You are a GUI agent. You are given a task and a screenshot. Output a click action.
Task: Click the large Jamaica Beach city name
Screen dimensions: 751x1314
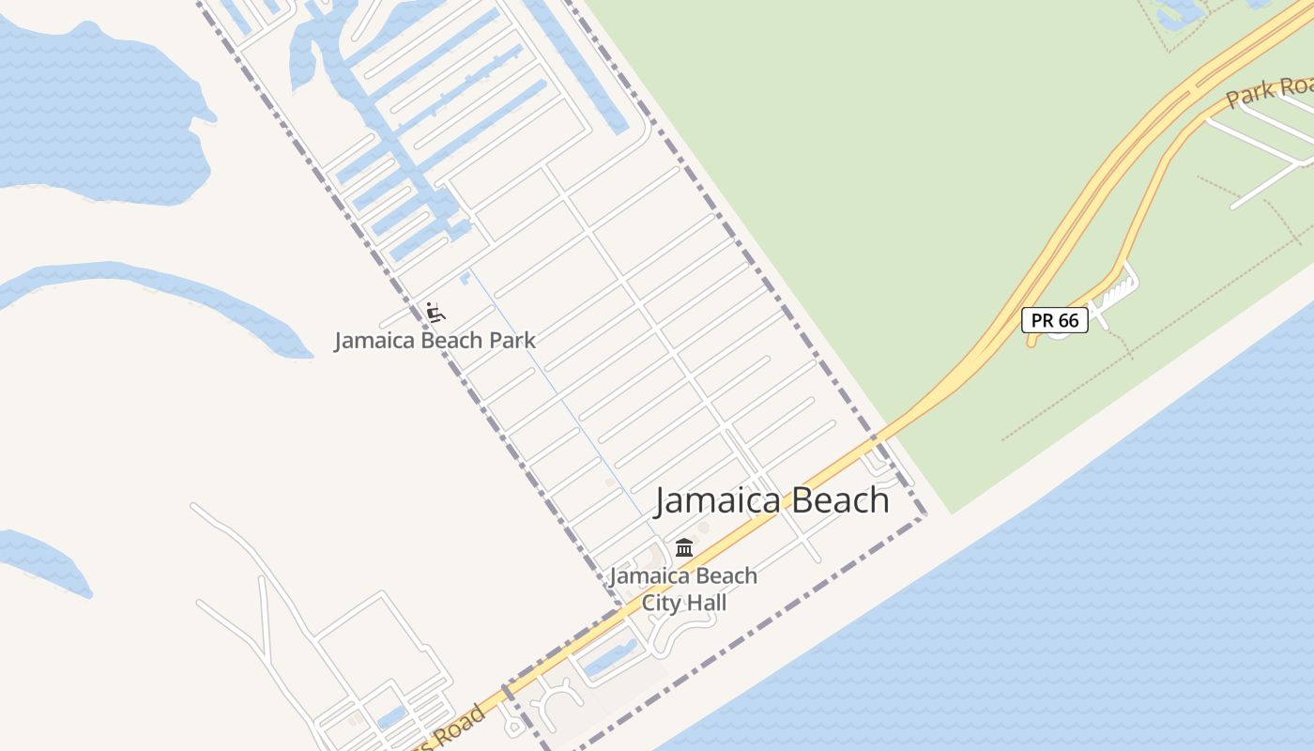[x=772, y=500]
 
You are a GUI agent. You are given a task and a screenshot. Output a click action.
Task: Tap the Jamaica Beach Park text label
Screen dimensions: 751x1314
[x=435, y=340]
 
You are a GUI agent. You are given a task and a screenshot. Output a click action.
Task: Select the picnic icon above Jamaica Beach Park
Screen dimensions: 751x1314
[x=435, y=312]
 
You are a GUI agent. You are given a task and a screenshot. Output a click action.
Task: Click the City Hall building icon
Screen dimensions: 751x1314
[x=684, y=547]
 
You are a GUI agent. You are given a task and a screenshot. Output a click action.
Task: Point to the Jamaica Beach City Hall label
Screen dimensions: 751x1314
[x=683, y=589]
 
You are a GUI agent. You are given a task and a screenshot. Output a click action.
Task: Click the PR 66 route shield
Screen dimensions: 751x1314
[x=1054, y=320]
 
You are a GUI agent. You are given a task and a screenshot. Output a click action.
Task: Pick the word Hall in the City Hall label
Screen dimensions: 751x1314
[x=706, y=603]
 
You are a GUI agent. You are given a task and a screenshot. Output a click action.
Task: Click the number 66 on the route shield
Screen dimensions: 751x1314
[x=1068, y=320]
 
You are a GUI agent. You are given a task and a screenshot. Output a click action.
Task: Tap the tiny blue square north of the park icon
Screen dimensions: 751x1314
[x=464, y=278]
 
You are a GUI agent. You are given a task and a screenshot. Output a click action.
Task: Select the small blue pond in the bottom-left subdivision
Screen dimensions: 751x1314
[x=390, y=718]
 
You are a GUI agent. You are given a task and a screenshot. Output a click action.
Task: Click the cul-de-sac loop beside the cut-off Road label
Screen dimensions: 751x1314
[x=513, y=725]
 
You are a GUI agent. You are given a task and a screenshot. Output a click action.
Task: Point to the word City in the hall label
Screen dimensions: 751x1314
[x=661, y=603]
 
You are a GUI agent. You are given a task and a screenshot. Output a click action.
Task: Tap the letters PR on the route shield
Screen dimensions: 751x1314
[x=1042, y=320]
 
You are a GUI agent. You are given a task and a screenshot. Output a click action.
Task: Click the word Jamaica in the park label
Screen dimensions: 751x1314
[x=374, y=340]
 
